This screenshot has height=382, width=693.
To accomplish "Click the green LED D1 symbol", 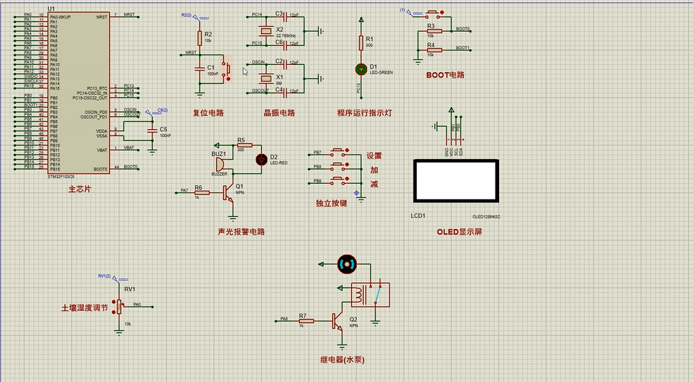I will pos(360,68).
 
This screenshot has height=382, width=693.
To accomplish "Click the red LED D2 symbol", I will pos(262,160).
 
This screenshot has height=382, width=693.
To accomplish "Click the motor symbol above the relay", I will pos(346,263).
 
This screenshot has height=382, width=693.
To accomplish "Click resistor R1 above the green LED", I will pos(360,44).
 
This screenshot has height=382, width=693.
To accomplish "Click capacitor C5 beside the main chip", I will pos(152,131).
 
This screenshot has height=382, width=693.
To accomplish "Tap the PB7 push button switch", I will pos(338,151).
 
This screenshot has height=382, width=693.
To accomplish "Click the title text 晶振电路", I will pos(279,113).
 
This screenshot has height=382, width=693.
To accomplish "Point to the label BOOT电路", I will pos(445,75).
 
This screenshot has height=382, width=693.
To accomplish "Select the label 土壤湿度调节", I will pos(84,307).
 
